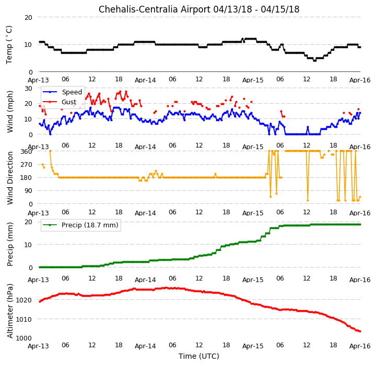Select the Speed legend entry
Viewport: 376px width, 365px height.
point(62,92)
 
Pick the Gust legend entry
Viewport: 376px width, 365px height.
point(60,102)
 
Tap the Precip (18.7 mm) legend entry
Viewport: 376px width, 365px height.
point(80,225)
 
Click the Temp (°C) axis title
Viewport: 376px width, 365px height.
point(9,45)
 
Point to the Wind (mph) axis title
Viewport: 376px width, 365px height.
point(9,112)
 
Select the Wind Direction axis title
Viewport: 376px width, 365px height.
point(10,178)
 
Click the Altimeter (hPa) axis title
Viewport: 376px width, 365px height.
point(10,311)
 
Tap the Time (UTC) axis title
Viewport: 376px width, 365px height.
point(199,356)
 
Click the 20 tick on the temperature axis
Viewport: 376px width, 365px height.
point(28,18)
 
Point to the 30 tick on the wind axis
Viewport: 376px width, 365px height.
point(28,88)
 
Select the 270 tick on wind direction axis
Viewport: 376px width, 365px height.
point(27,165)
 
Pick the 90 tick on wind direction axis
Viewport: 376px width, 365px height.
point(29,191)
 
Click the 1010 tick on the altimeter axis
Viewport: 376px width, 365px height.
point(23,319)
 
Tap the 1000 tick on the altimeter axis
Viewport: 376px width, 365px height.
point(23,338)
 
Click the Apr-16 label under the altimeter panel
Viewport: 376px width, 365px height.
point(360,346)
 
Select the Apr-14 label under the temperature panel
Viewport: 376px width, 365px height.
point(145,80)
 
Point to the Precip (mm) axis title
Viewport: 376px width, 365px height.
point(10,245)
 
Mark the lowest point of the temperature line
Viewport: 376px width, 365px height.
point(314,60)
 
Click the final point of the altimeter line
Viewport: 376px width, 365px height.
point(360,332)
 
